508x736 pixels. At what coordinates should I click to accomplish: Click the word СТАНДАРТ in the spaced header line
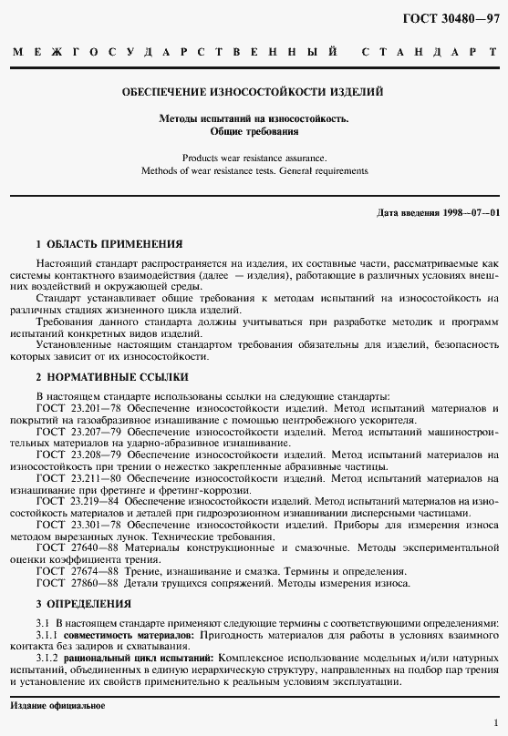pyautogui.click(x=430, y=54)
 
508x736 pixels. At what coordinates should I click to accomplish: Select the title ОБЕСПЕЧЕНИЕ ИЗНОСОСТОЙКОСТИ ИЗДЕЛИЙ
pyautogui.click(x=254, y=92)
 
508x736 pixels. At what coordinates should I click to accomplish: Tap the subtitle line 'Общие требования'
pyautogui.click(x=254, y=131)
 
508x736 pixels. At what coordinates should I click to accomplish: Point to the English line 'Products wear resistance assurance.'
pyautogui.click(x=254, y=158)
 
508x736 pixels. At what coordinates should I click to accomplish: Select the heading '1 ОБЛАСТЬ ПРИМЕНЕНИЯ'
pyautogui.click(x=109, y=244)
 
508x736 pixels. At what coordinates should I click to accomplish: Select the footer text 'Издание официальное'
pyautogui.click(x=57, y=706)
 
